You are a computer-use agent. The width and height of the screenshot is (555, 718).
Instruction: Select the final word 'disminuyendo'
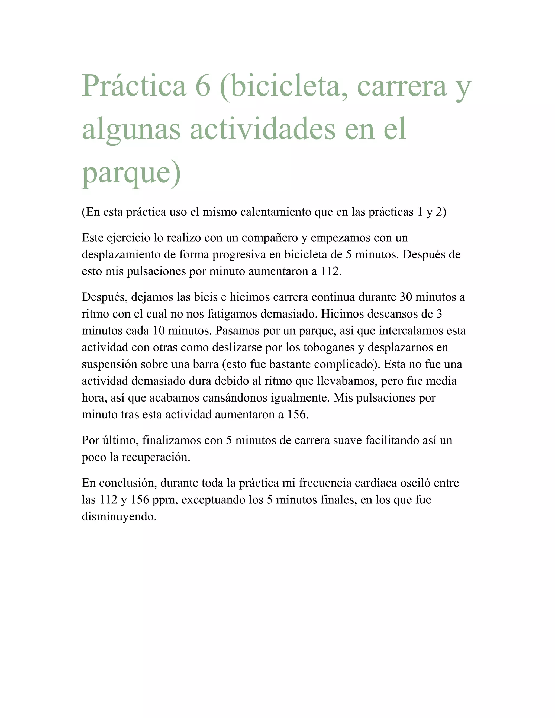[119, 516]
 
